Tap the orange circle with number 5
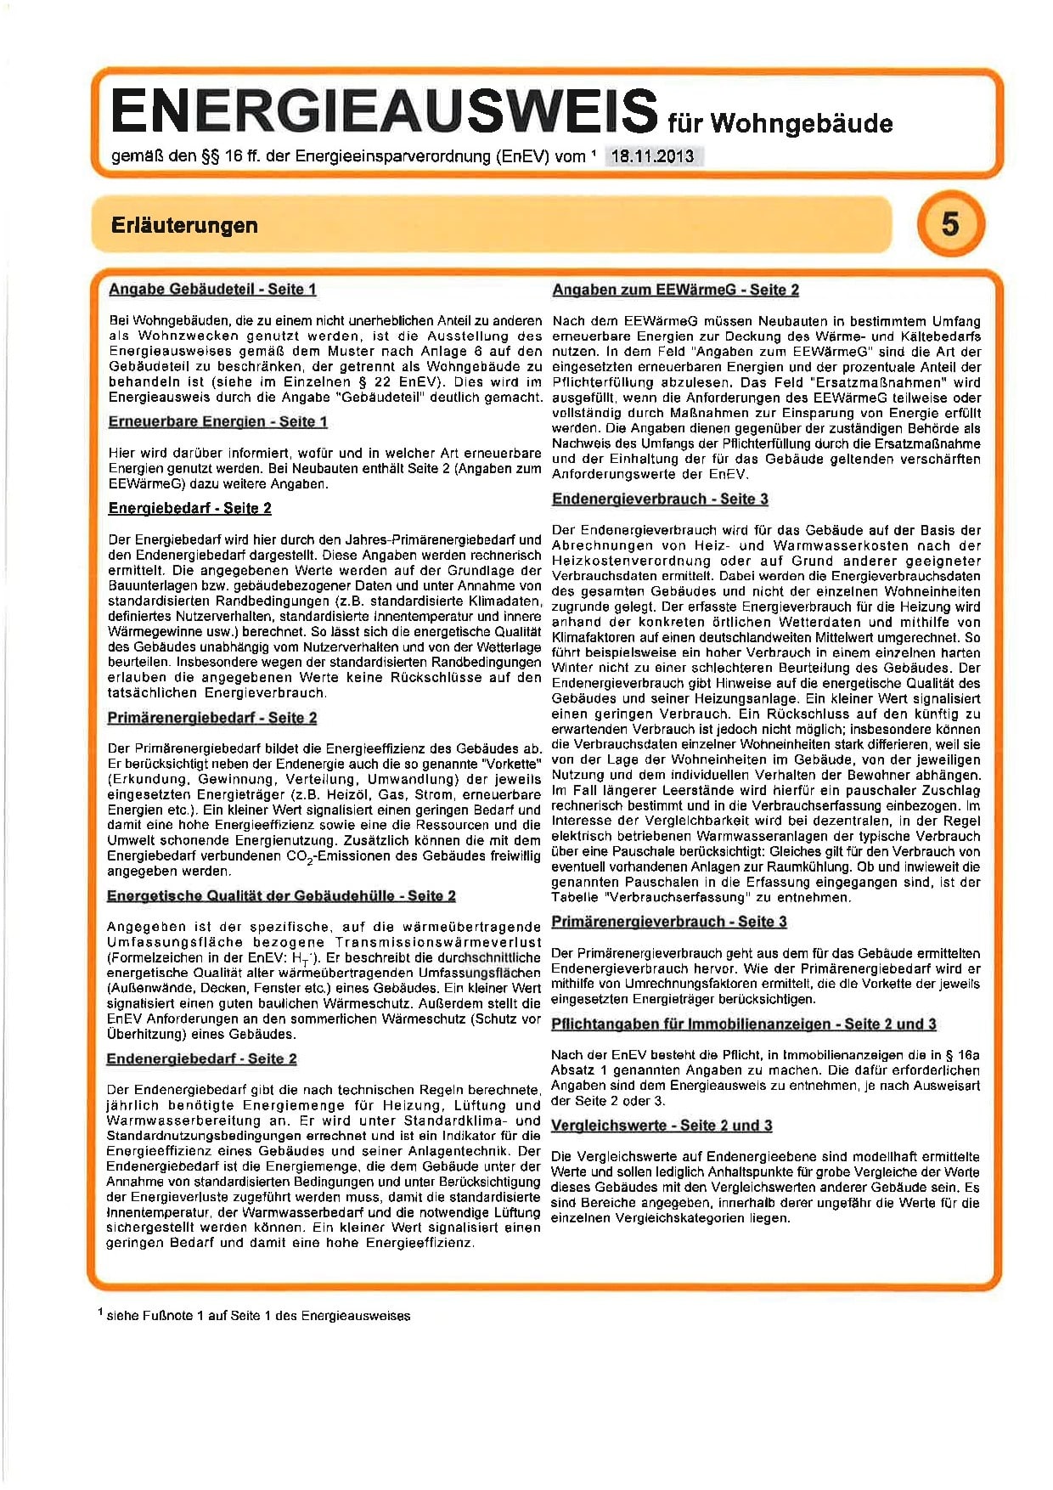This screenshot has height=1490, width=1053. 950,224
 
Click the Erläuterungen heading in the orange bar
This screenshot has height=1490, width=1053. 184,226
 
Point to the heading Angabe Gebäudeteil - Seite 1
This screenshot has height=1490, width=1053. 212,290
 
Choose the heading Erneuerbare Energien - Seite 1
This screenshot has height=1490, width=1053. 217,422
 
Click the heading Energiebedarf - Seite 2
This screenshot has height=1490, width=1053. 190,509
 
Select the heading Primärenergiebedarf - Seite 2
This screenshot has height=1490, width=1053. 212,719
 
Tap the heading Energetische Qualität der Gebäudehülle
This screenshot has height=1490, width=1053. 281,896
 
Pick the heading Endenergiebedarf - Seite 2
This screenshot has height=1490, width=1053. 201,1059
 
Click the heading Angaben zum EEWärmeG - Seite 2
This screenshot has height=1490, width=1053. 675,291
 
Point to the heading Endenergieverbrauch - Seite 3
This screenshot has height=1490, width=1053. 660,499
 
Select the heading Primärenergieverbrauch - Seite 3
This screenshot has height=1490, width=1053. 669,922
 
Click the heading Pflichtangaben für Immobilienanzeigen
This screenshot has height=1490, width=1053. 743,1024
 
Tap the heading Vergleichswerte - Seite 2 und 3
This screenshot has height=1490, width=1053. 662,1126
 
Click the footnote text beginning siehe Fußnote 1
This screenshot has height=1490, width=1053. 258,1316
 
